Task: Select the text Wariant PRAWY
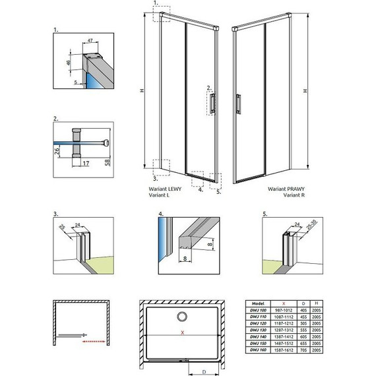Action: [x=286, y=188]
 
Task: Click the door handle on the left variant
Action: [x=212, y=104]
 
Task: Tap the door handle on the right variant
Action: [x=238, y=104]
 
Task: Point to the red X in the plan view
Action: [x=182, y=334]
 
